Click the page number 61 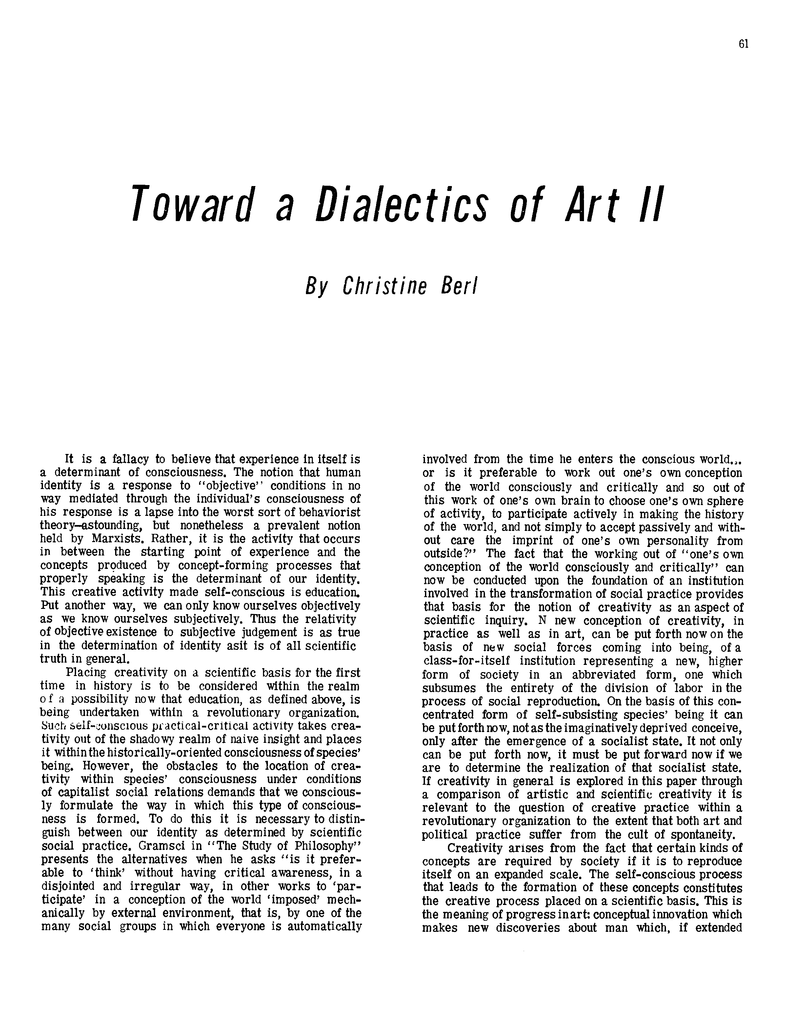click(743, 44)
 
